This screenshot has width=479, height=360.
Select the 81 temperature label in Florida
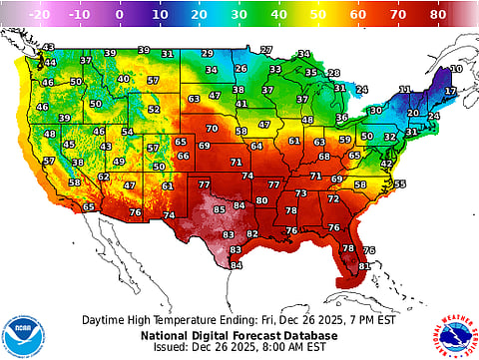coord(363,266)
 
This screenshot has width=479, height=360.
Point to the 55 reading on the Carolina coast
coord(400,183)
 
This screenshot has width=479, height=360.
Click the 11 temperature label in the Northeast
coord(405,90)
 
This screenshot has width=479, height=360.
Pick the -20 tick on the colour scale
coord(41,15)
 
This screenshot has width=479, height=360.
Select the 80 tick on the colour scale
coord(437,15)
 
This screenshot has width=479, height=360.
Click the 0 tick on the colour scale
coord(120,15)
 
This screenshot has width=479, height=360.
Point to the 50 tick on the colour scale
coord(318,15)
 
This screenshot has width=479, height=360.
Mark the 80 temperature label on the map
coord(261,200)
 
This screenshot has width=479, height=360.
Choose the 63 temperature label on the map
coord(194,99)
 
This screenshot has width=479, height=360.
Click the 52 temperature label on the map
coord(153,110)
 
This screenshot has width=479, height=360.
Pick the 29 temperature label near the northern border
coord(207,53)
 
